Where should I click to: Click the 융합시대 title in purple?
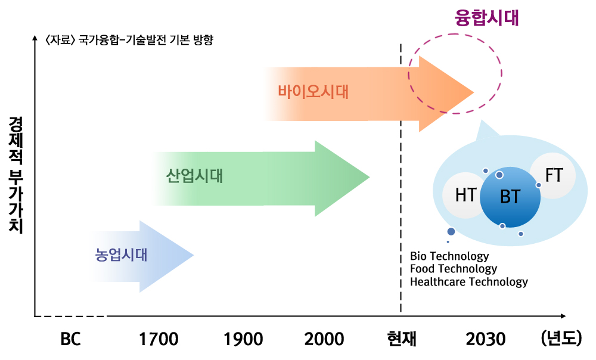pos(486,17)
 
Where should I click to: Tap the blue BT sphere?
pos(510,197)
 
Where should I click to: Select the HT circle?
pos(464,195)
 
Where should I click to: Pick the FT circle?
pos(553,175)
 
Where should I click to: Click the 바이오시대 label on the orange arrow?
pos(313,92)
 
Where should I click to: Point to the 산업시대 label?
pos(194,176)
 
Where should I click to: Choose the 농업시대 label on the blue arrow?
pos(121,255)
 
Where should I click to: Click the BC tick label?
pos(71,339)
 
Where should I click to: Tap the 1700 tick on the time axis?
pos(158,339)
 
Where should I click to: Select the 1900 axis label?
pos(243,339)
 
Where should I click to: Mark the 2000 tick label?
pos(324,339)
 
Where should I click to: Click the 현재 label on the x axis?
pos(402,339)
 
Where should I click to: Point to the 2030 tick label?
pos(486,339)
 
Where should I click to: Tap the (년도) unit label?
pos(561,338)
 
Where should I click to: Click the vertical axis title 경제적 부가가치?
pos(15,175)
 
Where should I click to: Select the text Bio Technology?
pos(449,256)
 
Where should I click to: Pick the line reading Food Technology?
pos(454,269)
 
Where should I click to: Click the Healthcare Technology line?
pos(469,282)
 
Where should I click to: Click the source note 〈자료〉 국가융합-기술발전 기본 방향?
pos(129,40)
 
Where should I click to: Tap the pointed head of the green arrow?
pos(370,177)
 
